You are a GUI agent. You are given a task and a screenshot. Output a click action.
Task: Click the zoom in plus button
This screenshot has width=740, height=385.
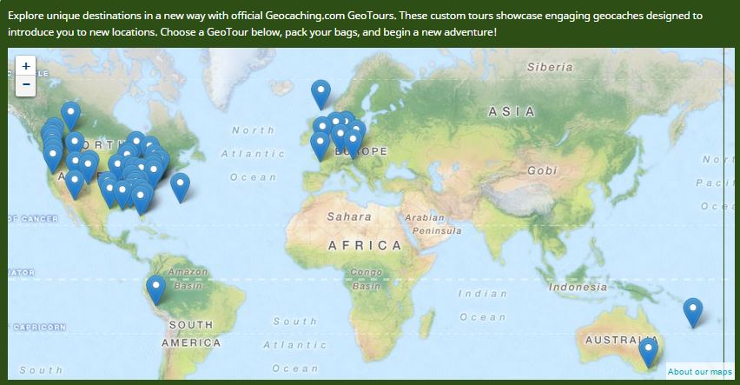pos(26,66)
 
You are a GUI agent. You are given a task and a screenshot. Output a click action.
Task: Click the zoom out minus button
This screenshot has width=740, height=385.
pos(26,84)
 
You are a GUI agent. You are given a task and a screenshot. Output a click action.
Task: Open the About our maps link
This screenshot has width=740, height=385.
pos(699,372)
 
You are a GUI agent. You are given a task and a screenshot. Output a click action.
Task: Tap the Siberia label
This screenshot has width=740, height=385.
pos(550,67)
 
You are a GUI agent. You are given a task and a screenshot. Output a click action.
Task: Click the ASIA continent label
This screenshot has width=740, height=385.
pos(512,111)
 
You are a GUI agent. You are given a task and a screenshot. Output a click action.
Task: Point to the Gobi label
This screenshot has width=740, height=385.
pos(541,170)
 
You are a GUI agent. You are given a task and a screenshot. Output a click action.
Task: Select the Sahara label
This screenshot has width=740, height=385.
pos(349,216)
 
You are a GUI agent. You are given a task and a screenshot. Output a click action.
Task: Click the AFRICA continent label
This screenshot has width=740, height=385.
pos(365,246)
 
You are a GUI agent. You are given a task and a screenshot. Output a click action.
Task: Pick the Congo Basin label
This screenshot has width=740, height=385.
pos(367,279)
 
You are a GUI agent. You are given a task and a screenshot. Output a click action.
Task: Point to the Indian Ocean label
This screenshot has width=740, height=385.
pos(482,305)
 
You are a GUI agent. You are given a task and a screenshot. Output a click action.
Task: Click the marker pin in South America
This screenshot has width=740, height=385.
pos(155,289)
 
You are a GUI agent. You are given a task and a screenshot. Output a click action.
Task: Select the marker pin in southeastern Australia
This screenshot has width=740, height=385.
pos(648,351)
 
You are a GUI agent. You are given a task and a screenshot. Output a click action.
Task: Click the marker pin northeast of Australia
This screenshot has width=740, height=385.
pos(692,311)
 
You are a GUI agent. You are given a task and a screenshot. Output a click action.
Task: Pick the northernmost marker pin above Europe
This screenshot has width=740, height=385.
pos(320,93)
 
